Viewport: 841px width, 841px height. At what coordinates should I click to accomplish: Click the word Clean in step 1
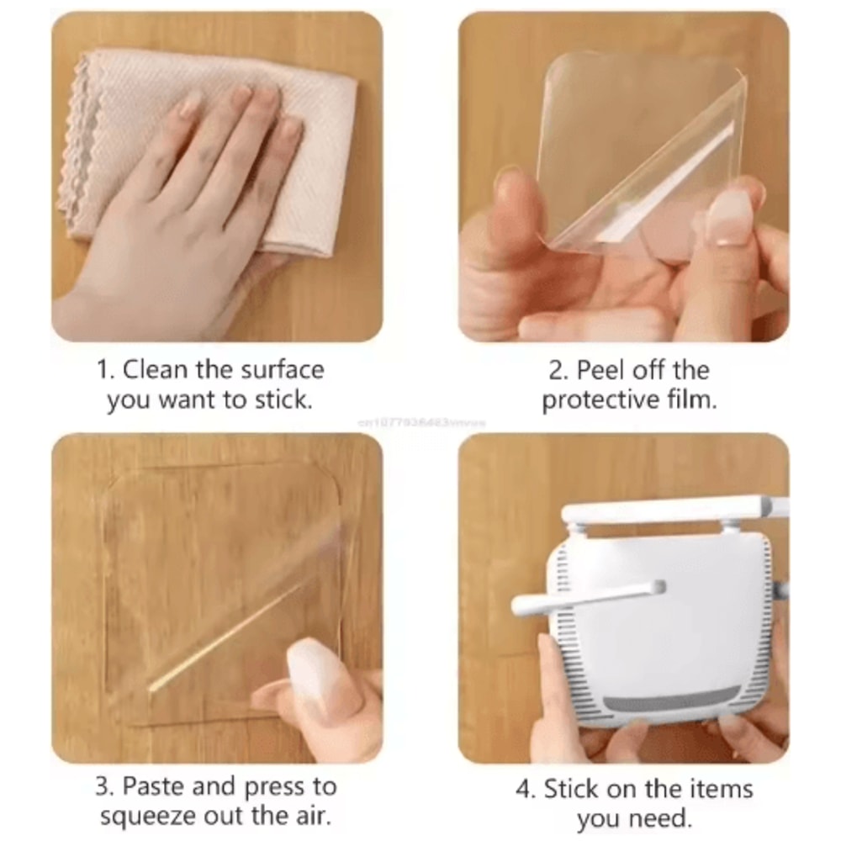pos(156,370)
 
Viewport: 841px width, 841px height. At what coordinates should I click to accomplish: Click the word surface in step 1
pos(283,370)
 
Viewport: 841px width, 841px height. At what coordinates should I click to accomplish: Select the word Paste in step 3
pos(154,787)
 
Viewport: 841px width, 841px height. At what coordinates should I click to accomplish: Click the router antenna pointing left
pos(589,595)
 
